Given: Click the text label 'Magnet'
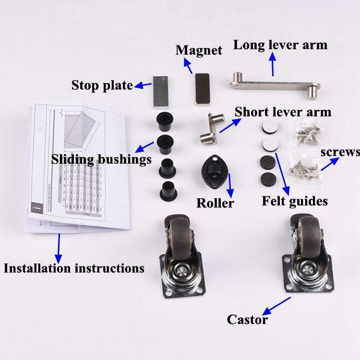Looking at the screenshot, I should pyautogui.click(x=199, y=50).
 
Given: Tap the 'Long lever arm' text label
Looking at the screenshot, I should pyautogui.click(x=280, y=45).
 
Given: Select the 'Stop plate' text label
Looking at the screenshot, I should pyautogui.click(x=102, y=85).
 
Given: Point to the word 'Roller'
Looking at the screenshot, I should pyautogui.click(x=215, y=203).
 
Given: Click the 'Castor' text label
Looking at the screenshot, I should pyautogui.click(x=247, y=319).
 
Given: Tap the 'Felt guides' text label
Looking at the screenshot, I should pyautogui.click(x=294, y=201).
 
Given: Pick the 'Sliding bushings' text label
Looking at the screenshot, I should pyautogui.click(x=101, y=159).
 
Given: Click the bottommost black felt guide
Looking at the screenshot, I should pyautogui.click(x=267, y=180).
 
